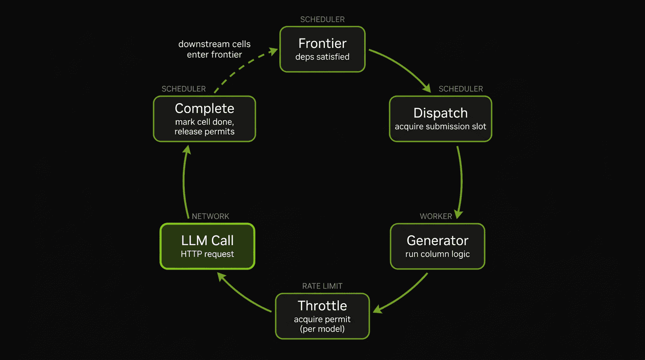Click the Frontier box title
coord(322,44)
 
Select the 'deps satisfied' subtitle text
coord(322,57)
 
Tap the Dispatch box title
coord(440,113)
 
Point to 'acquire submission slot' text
coord(440,127)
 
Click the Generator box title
coord(437,240)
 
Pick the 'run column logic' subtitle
coord(437,254)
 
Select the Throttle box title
coord(322,306)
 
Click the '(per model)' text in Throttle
coord(322,329)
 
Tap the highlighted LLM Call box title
coord(207,240)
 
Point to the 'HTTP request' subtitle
coord(207,254)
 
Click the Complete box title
coord(204,108)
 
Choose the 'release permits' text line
coord(204,132)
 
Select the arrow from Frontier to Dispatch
coord(403,67)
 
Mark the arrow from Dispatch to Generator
coord(461,180)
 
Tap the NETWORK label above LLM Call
coord(210,216)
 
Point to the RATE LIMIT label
coord(322,286)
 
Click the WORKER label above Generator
coord(436,216)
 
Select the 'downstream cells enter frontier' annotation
coord(214,49)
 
